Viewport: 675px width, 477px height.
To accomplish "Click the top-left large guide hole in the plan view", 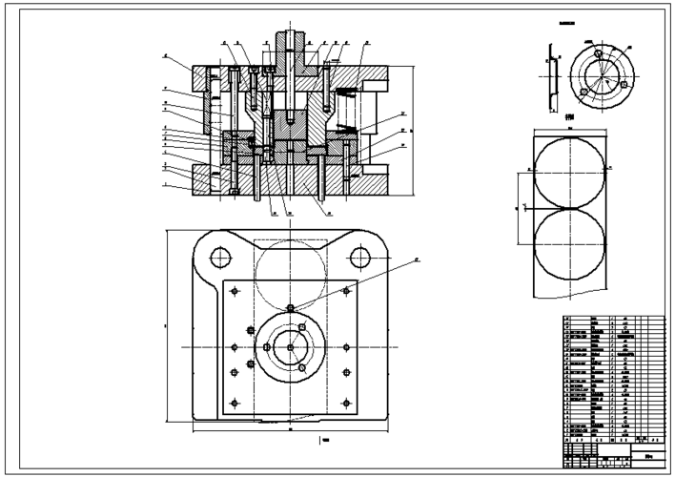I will (x=220, y=257).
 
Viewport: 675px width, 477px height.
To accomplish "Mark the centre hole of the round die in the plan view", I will (x=290, y=347).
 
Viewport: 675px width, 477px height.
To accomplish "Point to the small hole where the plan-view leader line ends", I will (x=290, y=307).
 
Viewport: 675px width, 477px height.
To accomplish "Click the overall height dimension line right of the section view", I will (x=413, y=130).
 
